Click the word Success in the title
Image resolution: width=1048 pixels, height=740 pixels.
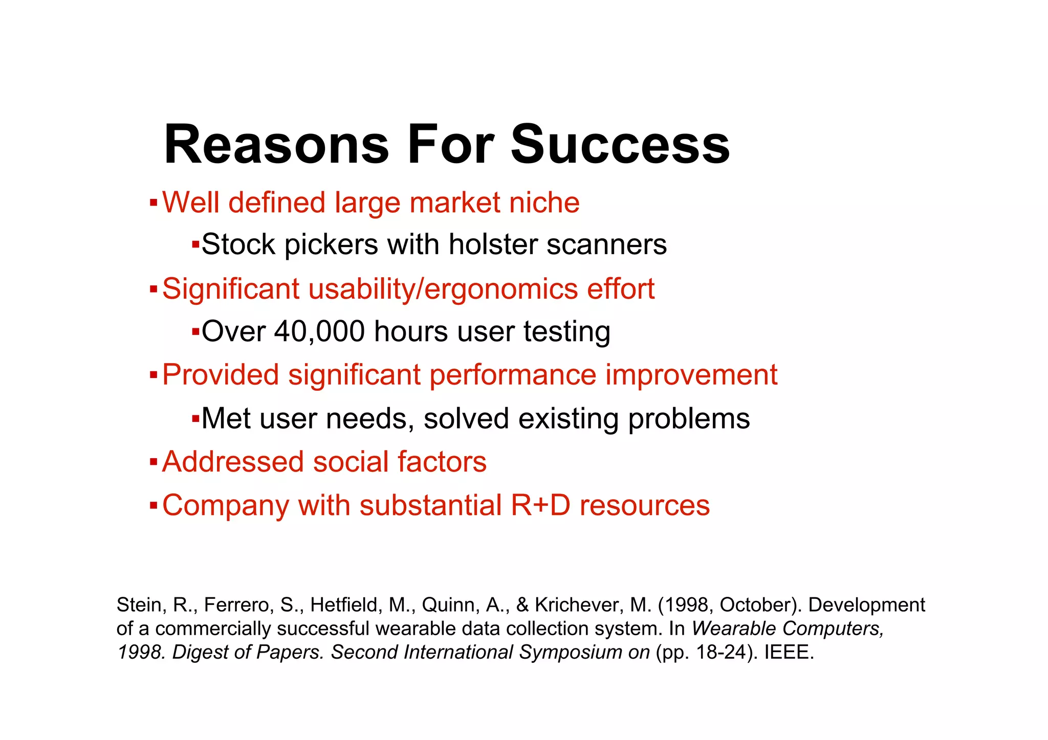coord(620,145)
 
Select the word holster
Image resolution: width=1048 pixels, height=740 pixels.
coord(493,244)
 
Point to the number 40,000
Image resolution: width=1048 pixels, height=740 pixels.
coord(319,331)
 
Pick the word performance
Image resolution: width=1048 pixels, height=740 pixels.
coord(513,375)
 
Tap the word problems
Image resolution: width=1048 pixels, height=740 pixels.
coord(689,419)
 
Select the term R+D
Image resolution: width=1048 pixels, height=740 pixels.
coord(540,505)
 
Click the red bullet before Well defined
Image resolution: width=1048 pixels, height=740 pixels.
coord(153,203)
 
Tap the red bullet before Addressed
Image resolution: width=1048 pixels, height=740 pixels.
coord(153,462)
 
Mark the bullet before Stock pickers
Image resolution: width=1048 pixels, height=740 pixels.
coord(195,244)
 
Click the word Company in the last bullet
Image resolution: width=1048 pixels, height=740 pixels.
coord(226,506)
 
